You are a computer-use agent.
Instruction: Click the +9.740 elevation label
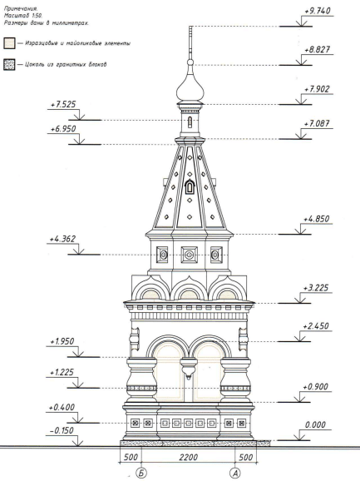[318, 11]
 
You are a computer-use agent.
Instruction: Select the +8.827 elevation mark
[318, 50]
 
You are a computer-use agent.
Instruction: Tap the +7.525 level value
[63, 104]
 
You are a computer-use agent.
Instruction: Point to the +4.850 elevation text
[316, 219]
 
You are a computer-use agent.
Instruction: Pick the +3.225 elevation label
[316, 288]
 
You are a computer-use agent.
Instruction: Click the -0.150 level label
[62, 431]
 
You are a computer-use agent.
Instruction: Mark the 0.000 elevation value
[315, 425]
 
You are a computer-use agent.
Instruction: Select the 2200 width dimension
[189, 458]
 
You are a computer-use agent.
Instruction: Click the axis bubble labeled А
[235, 474]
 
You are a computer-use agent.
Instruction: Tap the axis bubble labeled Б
[141, 474]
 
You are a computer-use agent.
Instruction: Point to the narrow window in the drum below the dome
[190, 122]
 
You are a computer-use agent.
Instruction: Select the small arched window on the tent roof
[190, 186]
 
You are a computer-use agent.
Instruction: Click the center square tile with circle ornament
[189, 255]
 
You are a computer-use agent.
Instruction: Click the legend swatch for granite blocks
[9, 65]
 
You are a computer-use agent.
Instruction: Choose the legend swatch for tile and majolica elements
[9, 43]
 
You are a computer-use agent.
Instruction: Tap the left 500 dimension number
[131, 458]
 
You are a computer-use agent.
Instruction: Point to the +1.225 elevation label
[62, 373]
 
